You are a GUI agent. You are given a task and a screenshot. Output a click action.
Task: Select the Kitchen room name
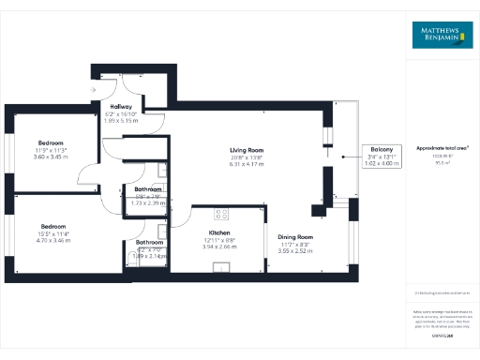point(219,232)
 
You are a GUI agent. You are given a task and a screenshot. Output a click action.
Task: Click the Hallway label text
point(120,107)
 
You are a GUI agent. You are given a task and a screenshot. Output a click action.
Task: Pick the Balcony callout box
point(382,156)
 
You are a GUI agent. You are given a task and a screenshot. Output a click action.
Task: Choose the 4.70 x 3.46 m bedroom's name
point(52,226)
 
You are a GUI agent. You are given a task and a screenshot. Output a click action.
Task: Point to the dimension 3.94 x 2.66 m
point(219,247)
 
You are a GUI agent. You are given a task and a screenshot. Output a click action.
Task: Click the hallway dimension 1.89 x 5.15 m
point(120,121)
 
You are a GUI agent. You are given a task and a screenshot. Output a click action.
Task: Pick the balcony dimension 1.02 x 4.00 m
point(382,163)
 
